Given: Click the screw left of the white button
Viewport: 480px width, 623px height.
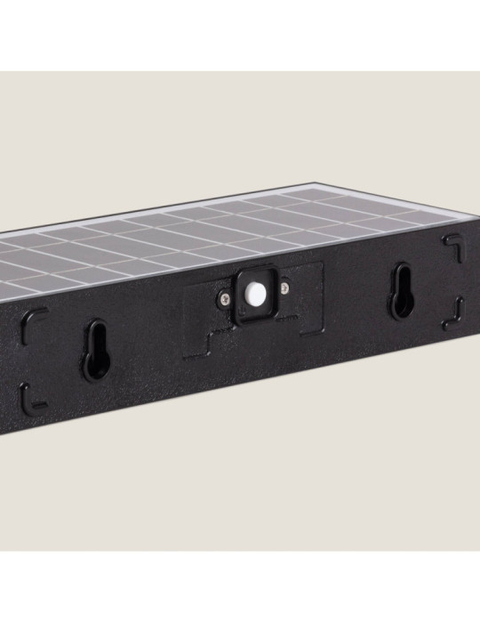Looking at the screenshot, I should (x=224, y=300).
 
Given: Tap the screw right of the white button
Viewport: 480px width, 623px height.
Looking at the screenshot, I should (x=285, y=287).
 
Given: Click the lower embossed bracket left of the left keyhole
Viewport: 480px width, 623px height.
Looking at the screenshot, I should (x=36, y=393).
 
